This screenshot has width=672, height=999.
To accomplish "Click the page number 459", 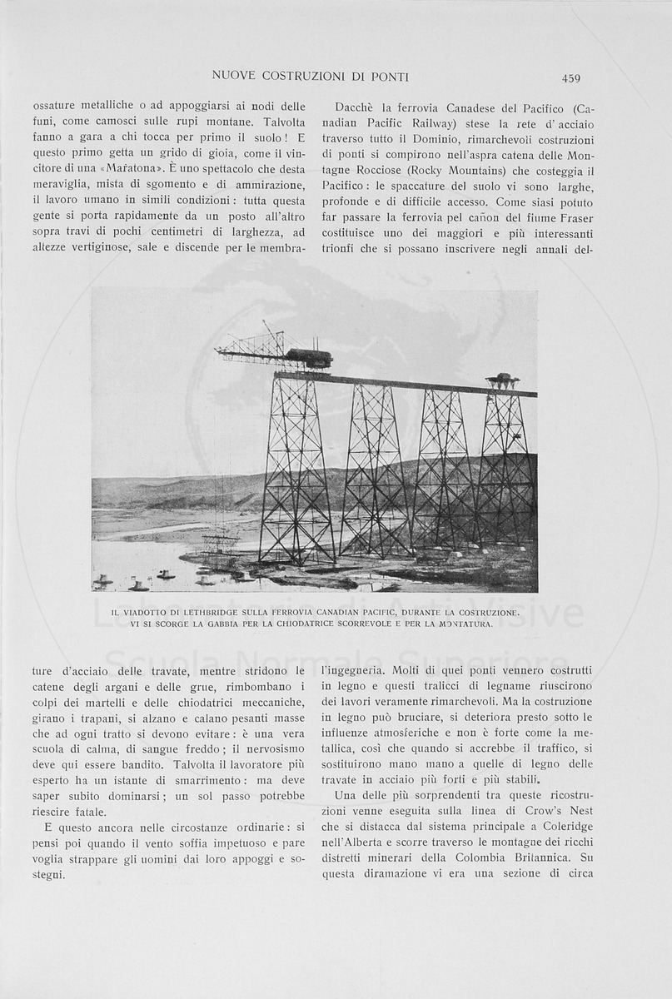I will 570,78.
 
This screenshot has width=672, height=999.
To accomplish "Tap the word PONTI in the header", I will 390,77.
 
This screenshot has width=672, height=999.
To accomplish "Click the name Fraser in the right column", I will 572,216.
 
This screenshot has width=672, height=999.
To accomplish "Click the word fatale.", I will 87,812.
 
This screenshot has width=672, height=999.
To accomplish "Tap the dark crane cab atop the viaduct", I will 309,358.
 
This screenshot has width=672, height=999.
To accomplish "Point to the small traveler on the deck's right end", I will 502,381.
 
